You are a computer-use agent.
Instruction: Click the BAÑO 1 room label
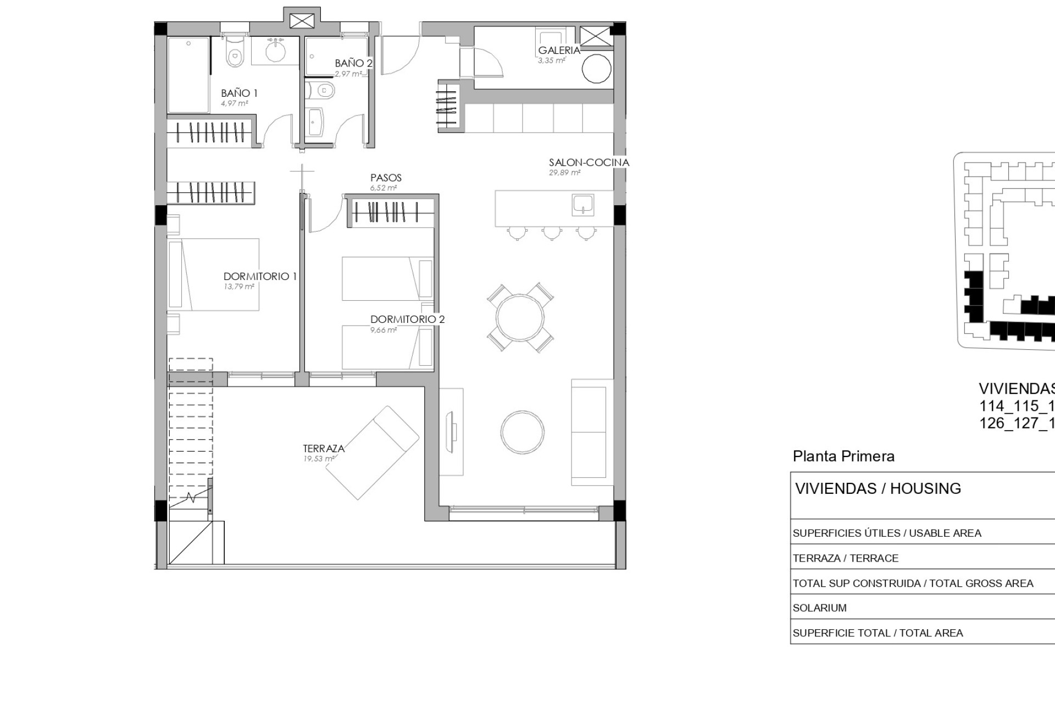tap(239, 93)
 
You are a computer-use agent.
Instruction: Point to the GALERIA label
tap(559, 50)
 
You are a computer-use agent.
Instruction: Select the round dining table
tap(520, 317)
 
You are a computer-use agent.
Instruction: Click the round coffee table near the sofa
tap(523, 432)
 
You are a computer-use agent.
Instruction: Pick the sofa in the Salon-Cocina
tap(592, 432)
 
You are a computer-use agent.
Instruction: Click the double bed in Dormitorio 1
tap(214, 274)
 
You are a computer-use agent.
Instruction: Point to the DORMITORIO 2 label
tap(407, 319)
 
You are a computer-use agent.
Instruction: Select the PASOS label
tap(386, 178)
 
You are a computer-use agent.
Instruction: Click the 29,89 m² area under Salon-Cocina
tap(564, 173)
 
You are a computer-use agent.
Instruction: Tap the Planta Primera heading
tap(843, 456)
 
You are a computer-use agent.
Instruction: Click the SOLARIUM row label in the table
tap(819, 608)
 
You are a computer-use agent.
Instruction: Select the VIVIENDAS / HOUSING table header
tap(878, 488)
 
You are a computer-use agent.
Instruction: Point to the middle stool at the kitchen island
tap(552, 233)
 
